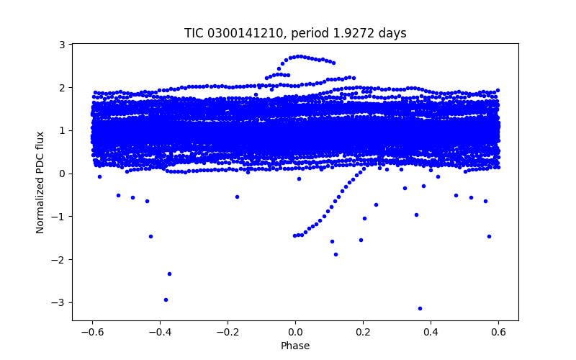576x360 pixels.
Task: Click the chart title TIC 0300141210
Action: (230, 33)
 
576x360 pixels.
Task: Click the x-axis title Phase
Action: (295, 346)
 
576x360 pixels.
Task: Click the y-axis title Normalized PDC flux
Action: (40, 181)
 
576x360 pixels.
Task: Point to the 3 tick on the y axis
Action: (63, 45)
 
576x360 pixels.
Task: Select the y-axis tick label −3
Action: (59, 302)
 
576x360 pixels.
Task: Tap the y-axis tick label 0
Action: (63, 174)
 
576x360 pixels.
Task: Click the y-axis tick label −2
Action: (59, 259)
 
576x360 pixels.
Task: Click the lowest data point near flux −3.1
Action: (420, 308)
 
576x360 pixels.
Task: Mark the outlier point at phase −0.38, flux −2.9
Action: (166, 300)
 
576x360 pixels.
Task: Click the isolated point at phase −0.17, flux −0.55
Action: (237, 197)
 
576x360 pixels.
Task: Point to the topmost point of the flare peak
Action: (300, 55)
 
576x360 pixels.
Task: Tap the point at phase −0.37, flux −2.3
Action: (169, 274)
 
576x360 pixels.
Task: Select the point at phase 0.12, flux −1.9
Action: (336, 254)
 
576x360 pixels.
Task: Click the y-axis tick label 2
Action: (63, 87)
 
